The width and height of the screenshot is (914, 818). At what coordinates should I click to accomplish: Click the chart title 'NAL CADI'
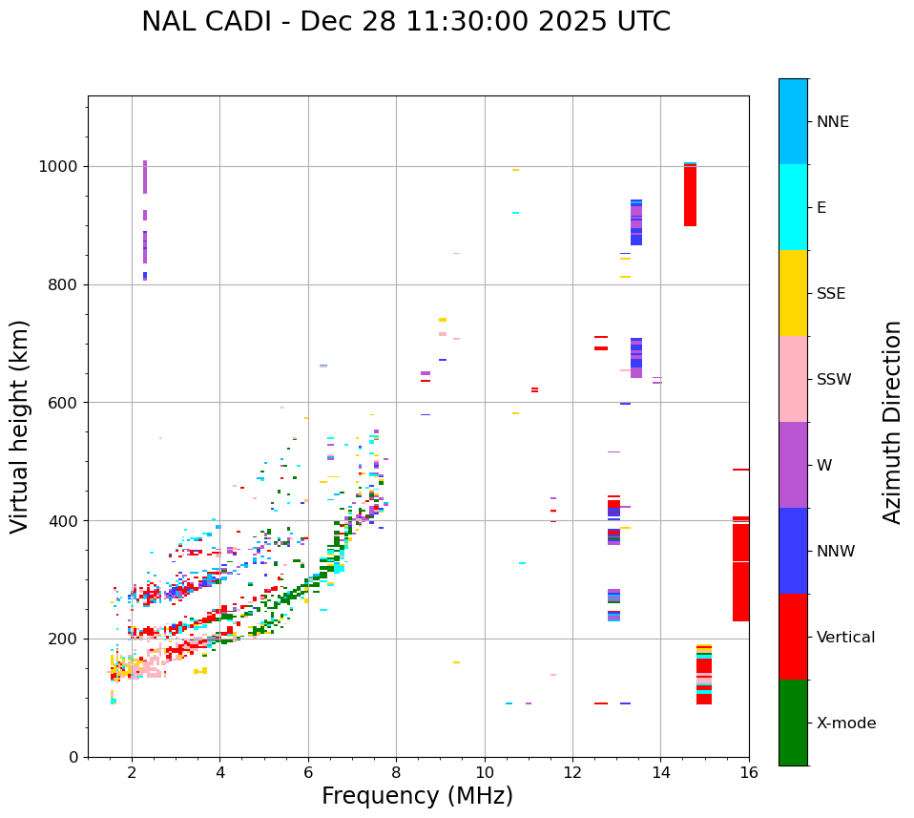pos(405,22)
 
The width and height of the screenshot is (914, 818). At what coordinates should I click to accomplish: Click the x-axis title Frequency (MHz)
pos(417,796)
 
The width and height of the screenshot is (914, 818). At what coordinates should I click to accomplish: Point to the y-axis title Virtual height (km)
pos(20,426)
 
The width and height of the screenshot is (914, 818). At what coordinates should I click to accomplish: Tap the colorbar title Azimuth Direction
pos(892,421)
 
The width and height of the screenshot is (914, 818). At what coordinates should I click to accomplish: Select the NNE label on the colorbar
pos(832,122)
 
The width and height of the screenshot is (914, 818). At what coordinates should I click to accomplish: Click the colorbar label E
pos(821,208)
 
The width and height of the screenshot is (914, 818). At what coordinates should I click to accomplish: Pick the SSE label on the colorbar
pos(830,294)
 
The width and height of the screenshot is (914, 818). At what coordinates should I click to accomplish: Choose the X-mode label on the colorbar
pos(845,724)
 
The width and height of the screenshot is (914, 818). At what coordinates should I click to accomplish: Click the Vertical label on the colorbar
pos(845,638)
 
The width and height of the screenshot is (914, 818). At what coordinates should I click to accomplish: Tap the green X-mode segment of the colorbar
pos(793,723)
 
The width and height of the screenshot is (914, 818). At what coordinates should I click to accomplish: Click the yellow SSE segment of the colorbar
pos(793,293)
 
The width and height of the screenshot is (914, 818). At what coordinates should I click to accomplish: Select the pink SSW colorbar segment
pos(793,379)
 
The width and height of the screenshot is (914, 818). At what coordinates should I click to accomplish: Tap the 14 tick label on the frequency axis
pos(660,772)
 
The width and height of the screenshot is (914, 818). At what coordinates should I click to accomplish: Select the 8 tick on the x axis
pos(396,772)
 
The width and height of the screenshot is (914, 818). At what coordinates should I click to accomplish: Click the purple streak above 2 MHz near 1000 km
pos(145,178)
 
